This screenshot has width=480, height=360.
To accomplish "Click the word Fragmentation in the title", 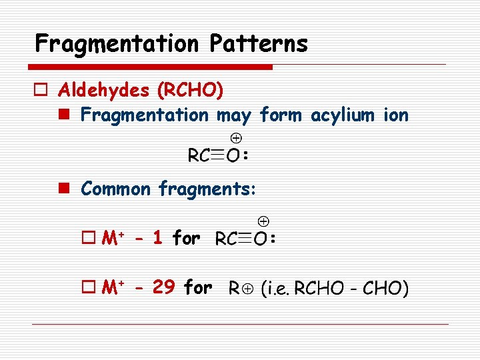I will click(117, 44).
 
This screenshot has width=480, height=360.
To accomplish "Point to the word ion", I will click(396, 115).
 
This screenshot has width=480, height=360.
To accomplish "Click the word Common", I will click(116, 189).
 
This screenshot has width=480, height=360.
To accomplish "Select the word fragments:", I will click(207, 189).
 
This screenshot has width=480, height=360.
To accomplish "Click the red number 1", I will click(157, 237).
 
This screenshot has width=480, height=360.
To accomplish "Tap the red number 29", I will click(164, 287).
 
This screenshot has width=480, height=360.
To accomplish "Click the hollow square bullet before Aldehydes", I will click(42, 89).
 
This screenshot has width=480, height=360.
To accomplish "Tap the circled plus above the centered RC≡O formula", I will click(236, 138).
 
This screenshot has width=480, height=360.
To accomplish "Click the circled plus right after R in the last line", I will click(249, 289).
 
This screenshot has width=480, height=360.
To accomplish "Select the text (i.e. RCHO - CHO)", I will click(334, 289).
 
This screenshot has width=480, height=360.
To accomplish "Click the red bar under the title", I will click(151, 67).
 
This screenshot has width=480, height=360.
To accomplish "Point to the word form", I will click(281, 115).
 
